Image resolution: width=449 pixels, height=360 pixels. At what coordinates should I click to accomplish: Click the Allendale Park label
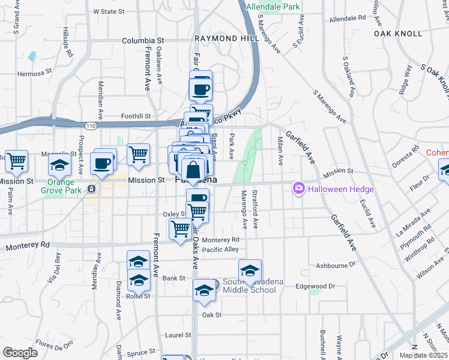[273, 7]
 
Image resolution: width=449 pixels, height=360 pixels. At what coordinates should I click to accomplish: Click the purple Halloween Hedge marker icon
[298, 189]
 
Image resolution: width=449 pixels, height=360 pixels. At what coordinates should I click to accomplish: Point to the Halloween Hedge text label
[341, 190]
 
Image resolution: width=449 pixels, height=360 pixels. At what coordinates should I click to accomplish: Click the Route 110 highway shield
[90, 126]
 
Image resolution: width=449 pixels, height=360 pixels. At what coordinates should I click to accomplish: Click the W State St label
[109, 11]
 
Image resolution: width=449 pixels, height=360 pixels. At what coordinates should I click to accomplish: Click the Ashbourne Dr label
[336, 265]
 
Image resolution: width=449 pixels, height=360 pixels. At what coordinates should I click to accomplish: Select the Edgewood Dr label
[315, 286]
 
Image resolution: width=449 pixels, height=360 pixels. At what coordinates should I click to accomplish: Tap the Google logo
[20, 353]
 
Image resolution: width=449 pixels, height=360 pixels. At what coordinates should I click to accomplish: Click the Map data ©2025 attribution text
[423, 355]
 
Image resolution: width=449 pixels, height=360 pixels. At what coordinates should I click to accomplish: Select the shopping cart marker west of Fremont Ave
[139, 154]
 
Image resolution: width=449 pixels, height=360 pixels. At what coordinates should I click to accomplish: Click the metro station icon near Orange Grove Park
[91, 189]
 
